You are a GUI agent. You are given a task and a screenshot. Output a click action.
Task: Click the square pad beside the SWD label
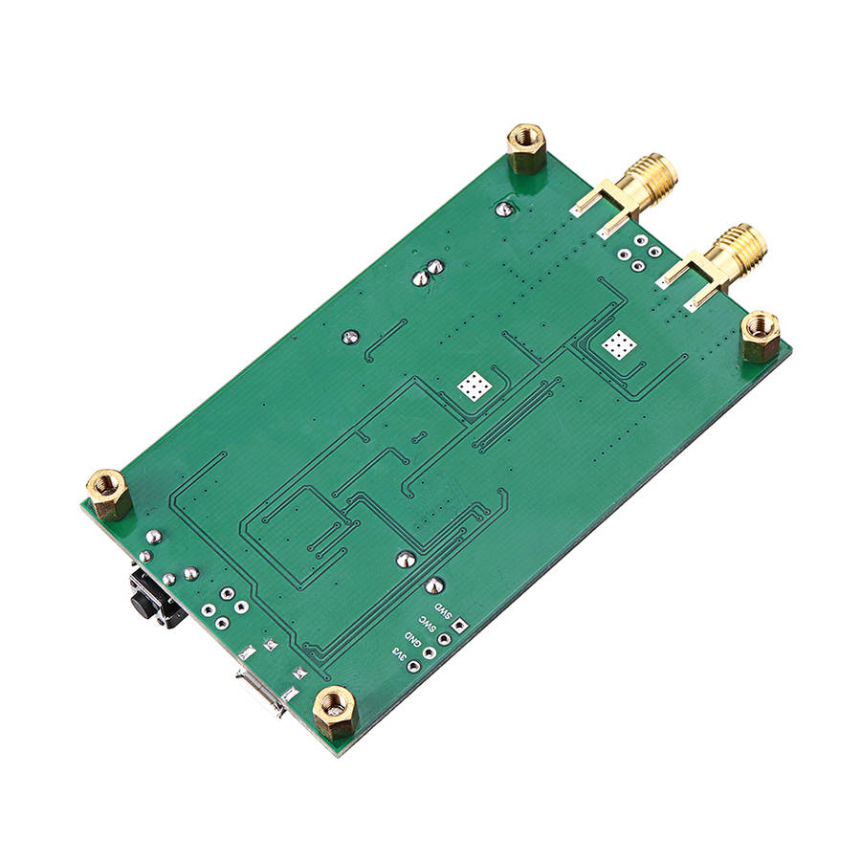click(x=461, y=627)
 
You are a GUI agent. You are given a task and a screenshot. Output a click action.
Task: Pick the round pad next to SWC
click(x=446, y=640)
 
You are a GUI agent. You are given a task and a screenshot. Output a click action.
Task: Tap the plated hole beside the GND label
click(x=430, y=653)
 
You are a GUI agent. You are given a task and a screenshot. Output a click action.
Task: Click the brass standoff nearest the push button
click(x=110, y=493)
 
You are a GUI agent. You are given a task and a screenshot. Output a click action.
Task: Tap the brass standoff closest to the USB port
click(x=334, y=710)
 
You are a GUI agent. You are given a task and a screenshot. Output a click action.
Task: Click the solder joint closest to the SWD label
click(x=434, y=585)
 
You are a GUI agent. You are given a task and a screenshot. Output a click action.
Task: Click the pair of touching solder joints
click(x=428, y=273)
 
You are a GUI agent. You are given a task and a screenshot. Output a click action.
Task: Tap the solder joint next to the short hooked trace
click(x=349, y=337)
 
